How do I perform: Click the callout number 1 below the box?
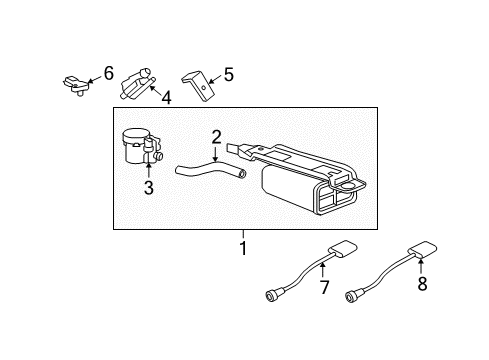coord(241,247)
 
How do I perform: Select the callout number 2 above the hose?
coord(215,136)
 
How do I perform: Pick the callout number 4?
coord(167,98)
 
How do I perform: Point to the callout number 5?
coord(228,73)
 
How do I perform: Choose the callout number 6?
coord(108,72)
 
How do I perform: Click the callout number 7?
coord(323,289)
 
